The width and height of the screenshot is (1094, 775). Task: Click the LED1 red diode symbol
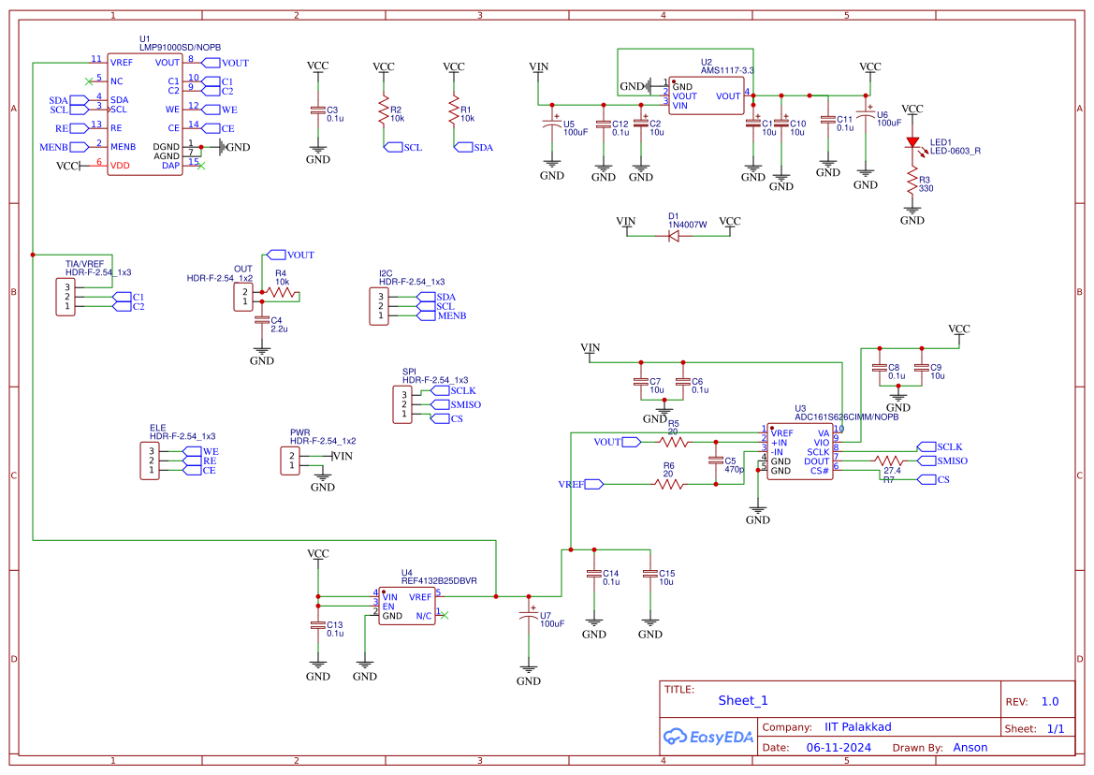(x=912, y=143)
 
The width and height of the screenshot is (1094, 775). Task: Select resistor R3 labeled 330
(x=912, y=182)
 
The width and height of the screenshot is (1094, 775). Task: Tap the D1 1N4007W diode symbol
(x=673, y=235)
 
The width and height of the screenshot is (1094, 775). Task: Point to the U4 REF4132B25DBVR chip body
(x=406, y=606)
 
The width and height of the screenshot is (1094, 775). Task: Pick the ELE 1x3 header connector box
(x=153, y=461)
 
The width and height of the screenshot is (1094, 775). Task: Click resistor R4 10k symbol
(x=281, y=293)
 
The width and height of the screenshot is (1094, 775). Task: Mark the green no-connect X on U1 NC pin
(x=89, y=81)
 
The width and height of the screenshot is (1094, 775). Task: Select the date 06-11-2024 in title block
(x=839, y=748)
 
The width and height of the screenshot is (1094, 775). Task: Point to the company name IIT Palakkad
(x=857, y=727)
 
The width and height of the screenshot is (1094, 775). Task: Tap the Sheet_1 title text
(x=743, y=700)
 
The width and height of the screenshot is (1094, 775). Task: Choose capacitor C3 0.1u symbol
(x=318, y=110)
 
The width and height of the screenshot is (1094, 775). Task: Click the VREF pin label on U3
(x=782, y=433)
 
